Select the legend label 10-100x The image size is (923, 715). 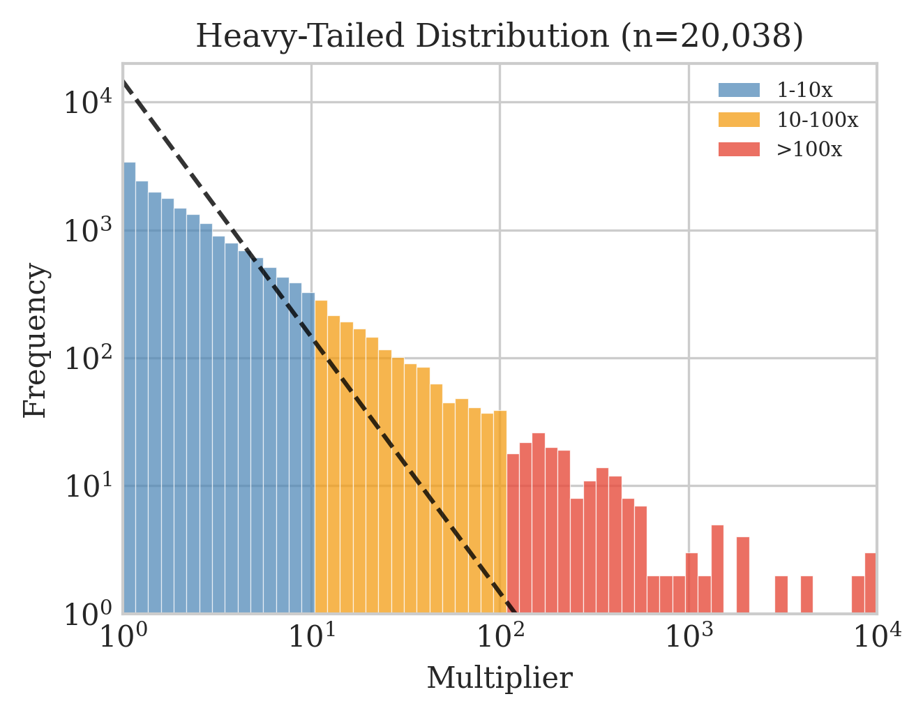coord(817,120)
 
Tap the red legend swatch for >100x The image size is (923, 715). coord(739,150)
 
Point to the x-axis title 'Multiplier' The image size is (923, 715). coord(500,678)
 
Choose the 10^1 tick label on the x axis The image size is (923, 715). coord(312,637)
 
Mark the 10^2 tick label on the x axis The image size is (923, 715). coord(500,637)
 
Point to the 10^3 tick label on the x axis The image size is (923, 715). coord(689,637)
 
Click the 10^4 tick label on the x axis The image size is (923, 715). coord(876,637)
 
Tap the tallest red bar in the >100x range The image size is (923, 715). coord(539,523)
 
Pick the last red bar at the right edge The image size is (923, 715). coord(871,583)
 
